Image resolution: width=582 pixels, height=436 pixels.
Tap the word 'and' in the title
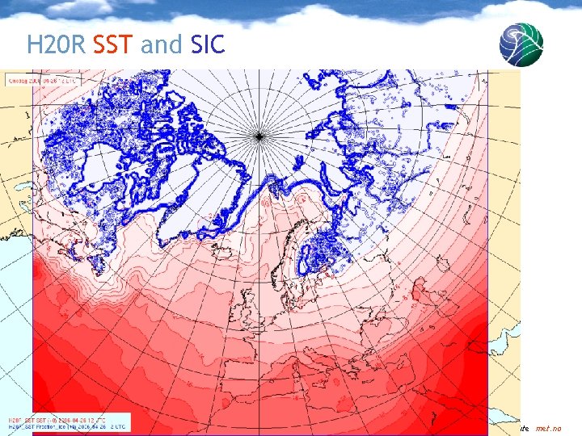[162, 44]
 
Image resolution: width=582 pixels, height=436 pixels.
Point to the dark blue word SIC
[209, 44]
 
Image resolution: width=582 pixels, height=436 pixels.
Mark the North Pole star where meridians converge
[259, 136]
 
